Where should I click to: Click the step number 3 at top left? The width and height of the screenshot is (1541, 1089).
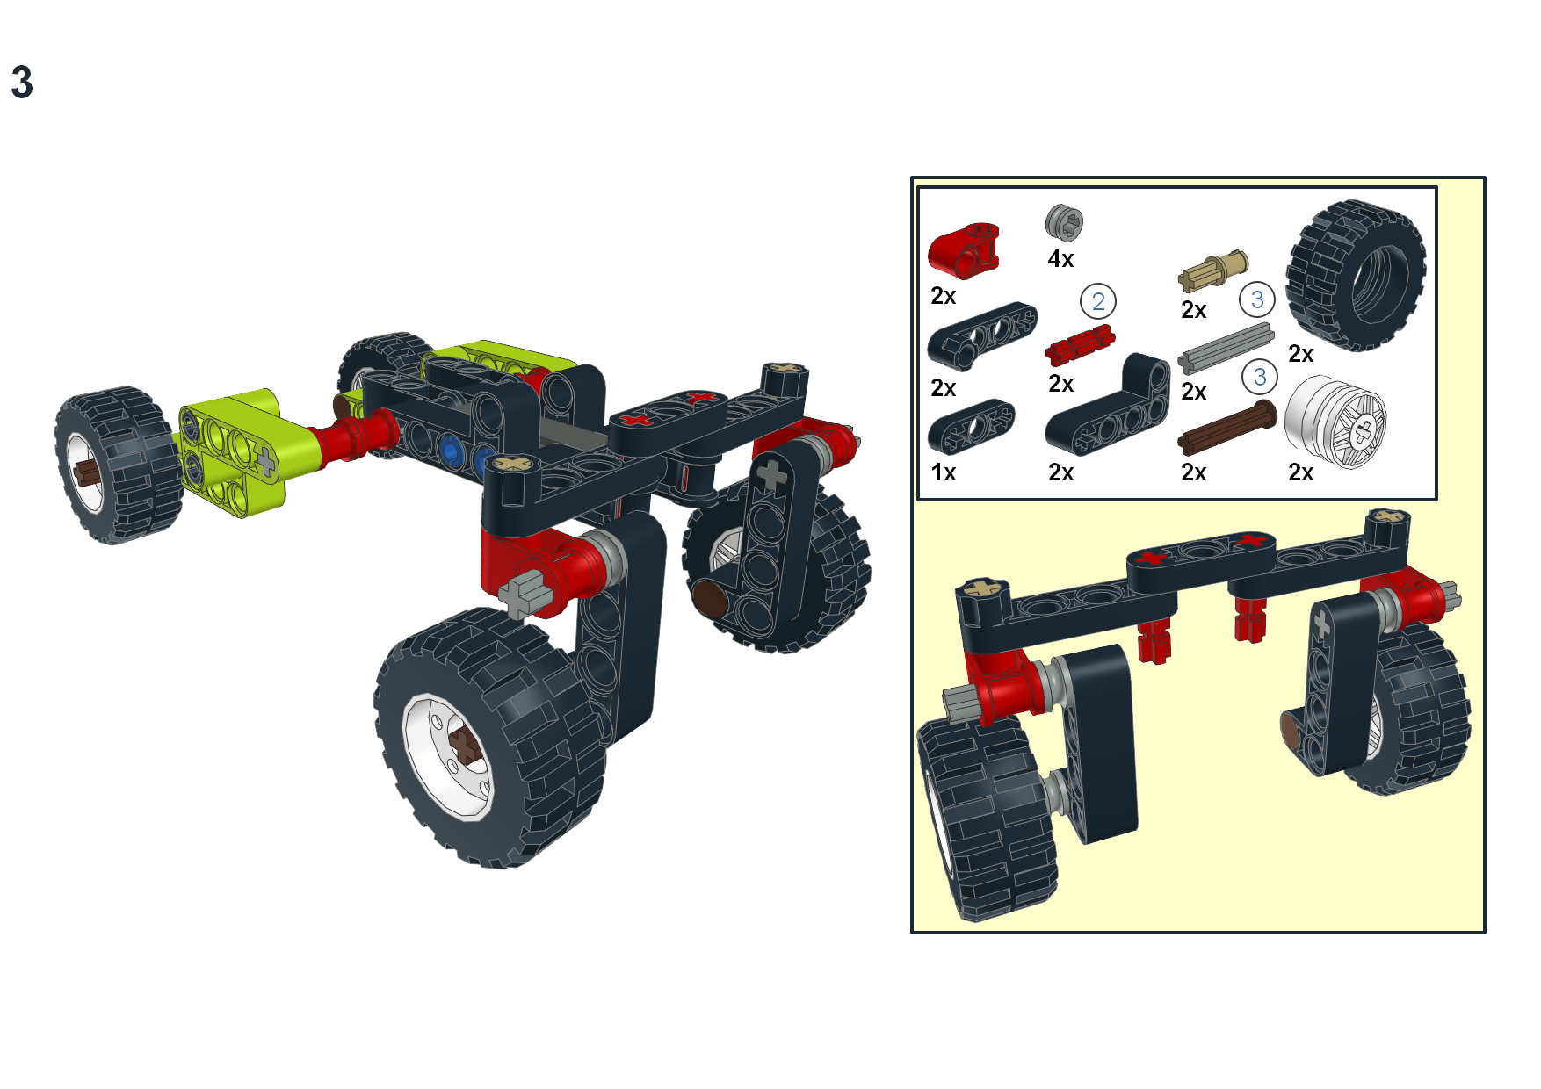(x=22, y=83)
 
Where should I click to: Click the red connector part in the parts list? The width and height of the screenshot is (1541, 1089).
(x=964, y=249)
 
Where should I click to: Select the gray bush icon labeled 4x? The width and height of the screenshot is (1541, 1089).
(x=1064, y=223)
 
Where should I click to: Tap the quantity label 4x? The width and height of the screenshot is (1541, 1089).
(x=1060, y=259)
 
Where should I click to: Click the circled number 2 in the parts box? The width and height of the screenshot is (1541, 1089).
(x=1097, y=301)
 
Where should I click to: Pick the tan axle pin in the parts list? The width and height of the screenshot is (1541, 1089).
(x=1213, y=270)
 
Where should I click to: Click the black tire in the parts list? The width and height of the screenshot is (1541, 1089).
(x=1355, y=276)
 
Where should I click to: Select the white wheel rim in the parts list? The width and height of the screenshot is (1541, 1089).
(x=1335, y=422)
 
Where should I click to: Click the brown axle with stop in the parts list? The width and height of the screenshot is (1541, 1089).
(x=1227, y=428)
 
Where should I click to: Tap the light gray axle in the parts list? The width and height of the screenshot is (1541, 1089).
(x=1226, y=349)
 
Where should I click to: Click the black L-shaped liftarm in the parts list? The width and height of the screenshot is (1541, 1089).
(x=1110, y=407)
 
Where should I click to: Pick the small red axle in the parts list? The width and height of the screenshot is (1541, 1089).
(x=1080, y=344)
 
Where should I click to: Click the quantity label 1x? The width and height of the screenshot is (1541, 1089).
(x=944, y=472)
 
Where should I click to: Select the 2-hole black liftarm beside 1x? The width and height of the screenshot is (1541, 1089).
(x=971, y=426)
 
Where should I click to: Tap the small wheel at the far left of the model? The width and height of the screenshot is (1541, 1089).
(x=114, y=465)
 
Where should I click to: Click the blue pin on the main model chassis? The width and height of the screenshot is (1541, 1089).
(x=451, y=451)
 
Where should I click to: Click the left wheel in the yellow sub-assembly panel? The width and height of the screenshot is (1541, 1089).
(x=984, y=817)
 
